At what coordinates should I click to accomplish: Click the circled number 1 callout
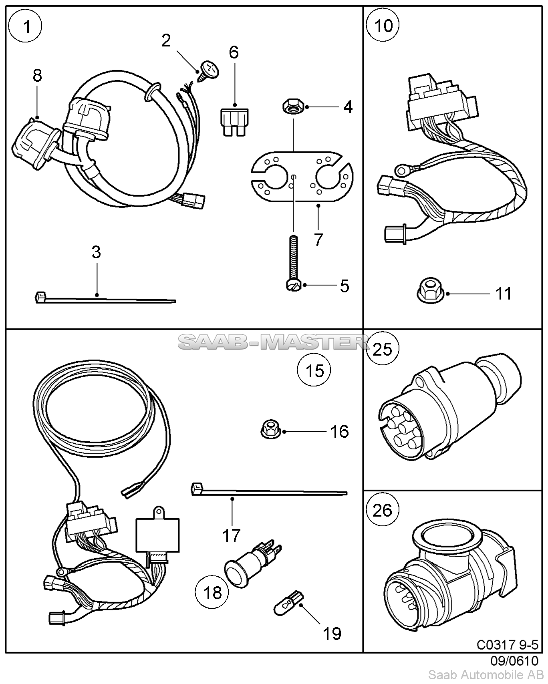pos(27,27)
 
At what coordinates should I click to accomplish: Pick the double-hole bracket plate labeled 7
pos(302,176)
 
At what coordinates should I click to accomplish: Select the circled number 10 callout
pos(383,26)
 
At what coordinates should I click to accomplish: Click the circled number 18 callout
pos(212,592)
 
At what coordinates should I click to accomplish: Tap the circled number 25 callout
pos(383,349)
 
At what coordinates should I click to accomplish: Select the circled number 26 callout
pos(383,510)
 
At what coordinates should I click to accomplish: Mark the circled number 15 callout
pos(314,370)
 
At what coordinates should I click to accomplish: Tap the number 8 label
pos(37,75)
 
